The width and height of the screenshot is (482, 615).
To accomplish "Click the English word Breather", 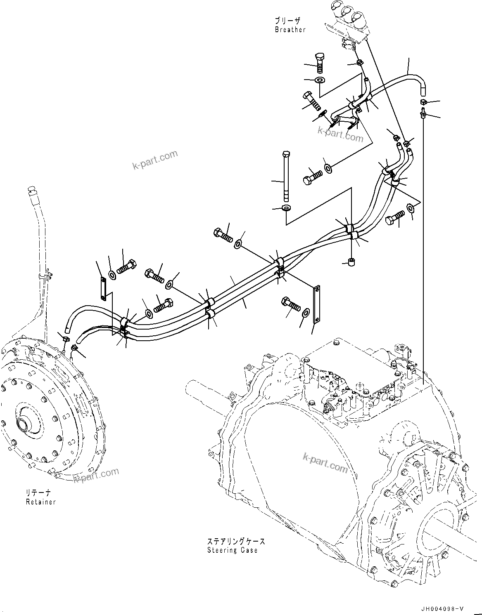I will (x=290, y=30).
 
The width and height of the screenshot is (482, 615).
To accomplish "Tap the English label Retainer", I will (x=40, y=502).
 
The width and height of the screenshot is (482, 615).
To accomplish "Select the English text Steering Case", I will (x=233, y=550).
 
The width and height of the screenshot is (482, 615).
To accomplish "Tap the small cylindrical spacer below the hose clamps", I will (x=352, y=262).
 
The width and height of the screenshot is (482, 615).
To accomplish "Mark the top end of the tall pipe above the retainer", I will (x=31, y=191).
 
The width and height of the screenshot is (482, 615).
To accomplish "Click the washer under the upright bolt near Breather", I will (x=320, y=80).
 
